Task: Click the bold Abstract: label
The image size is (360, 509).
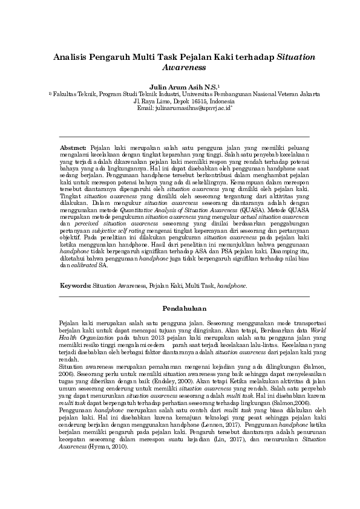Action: click(73, 148)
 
